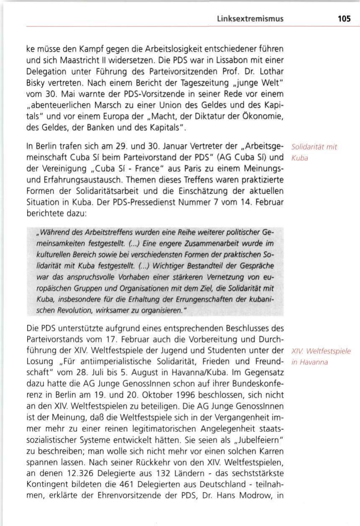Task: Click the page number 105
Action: click(x=344, y=19)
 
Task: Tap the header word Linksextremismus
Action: click(x=250, y=19)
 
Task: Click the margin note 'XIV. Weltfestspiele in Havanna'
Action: click(x=321, y=356)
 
